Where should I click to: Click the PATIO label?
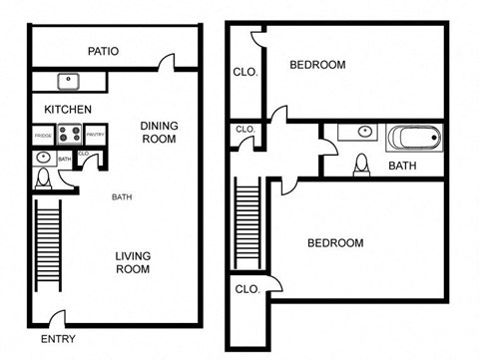coord(104,52)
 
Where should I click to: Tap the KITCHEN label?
coord(68,109)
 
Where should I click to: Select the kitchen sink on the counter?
coord(70,81)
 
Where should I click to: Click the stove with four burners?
coord(69,133)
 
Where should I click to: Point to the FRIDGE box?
coord(43,133)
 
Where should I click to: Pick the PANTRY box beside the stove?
coord(95,133)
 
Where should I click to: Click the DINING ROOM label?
coord(158,132)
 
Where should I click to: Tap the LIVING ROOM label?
coord(132,262)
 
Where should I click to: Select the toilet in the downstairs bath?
coord(43,179)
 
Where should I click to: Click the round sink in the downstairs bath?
coord(43,158)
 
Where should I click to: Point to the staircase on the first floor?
coord(49,245)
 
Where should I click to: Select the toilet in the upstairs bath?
coord(361,164)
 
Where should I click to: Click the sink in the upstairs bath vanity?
coord(363,132)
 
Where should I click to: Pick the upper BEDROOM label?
coord(317,65)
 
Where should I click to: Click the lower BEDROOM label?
coord(334,242)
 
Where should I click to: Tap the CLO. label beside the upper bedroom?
coord(245,72)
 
